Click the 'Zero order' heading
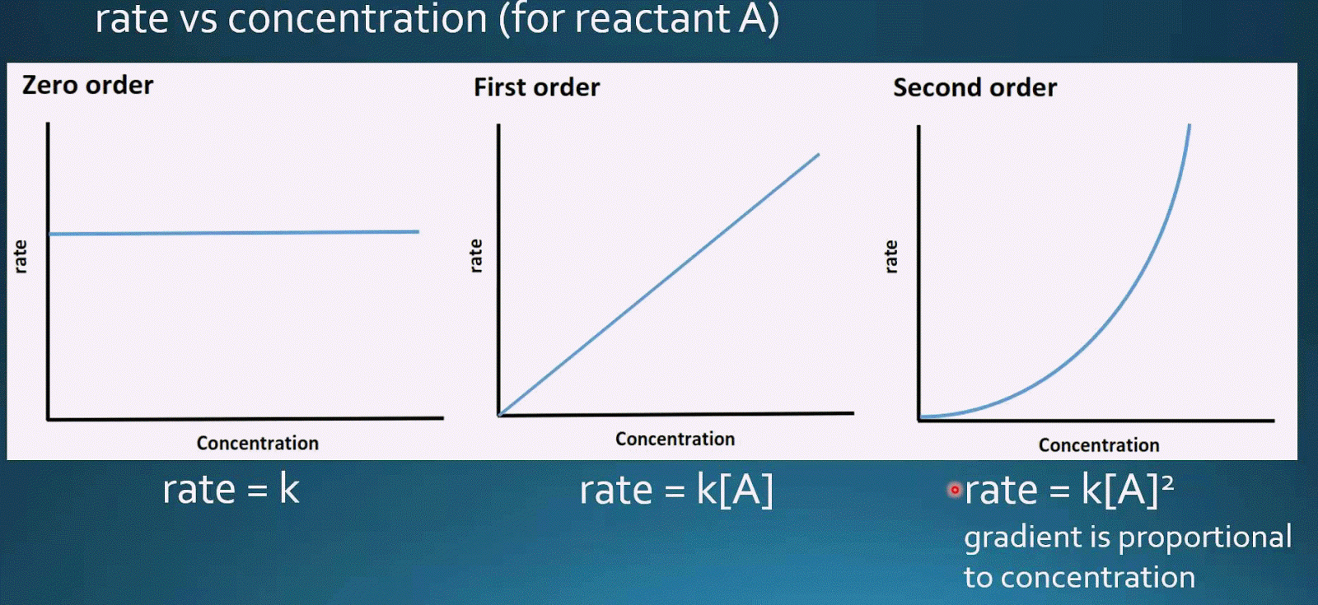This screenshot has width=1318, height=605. click(x=87, y=85)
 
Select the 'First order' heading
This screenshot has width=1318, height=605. click(x=536, y=87)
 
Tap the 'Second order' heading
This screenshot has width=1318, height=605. click(x=974, y=87)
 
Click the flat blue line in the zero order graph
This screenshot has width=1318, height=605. click(x=234, y=233)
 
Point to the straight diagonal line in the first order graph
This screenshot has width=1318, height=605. click(x=659, y=284)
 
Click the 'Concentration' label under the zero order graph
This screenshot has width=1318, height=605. click(x=257, y=443)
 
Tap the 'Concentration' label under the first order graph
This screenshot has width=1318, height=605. click(x=675, y=439)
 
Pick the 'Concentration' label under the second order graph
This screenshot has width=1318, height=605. click(x=1098, y=445)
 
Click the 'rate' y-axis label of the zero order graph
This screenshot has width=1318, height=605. click(x=21, y=257)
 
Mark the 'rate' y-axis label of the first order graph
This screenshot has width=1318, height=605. click(x=475, y=256)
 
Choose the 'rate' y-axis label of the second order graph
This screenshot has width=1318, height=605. click(x=890, y=257)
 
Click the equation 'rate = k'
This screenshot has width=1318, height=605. click(x=231, y=490)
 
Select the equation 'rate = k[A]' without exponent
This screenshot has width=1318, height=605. click(x=676, y=491)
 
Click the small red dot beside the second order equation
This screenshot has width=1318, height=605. click(x=955, y=490)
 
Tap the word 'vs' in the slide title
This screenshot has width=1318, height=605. click(x=198, y=19)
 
